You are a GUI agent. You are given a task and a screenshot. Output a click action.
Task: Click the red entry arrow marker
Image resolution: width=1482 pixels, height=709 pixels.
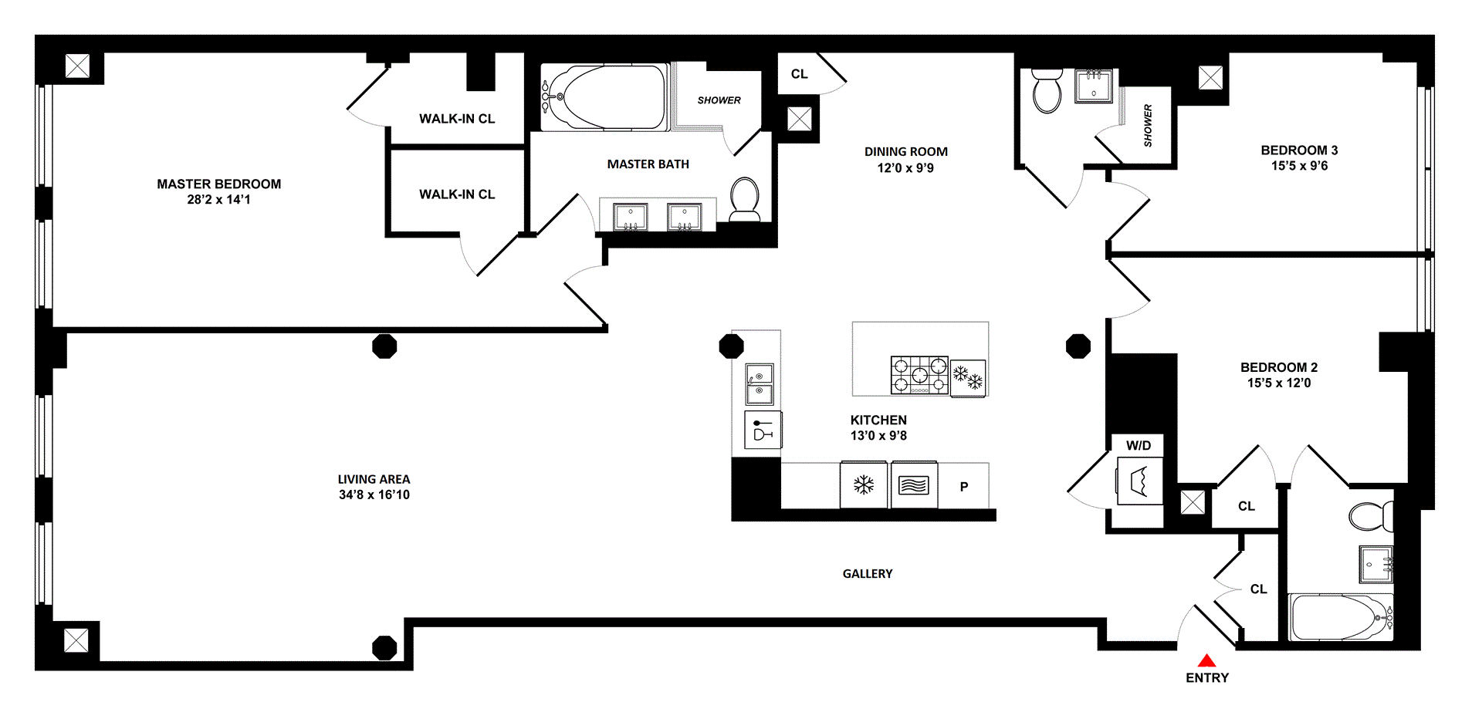click(x=1206, y=660)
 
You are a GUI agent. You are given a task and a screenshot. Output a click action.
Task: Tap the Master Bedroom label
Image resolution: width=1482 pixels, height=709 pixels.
click(x=218, y=184)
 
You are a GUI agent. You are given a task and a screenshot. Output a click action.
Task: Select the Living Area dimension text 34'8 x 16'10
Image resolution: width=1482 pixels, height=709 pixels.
click(x=374, y=495)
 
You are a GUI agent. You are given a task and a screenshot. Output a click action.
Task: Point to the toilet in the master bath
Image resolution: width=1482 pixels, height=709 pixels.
click(x=745, y=198)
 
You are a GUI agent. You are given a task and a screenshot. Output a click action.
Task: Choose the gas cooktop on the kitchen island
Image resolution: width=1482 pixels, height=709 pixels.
click(x=919, y=375)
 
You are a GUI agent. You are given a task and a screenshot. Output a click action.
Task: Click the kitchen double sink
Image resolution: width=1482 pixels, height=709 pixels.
click(x=760, y=384)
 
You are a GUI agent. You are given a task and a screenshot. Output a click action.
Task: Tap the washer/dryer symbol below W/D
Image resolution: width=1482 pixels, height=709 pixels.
click(x=1139, y=481)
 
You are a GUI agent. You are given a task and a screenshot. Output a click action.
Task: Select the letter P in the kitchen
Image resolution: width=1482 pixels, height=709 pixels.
click(x=963, y=487)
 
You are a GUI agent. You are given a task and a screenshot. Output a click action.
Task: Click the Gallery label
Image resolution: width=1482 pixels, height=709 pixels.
click(x=868, y=574)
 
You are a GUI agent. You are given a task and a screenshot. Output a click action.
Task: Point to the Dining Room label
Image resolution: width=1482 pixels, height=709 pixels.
click(x=905, y=152)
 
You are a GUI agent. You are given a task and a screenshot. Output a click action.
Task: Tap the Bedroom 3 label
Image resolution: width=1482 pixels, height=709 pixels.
click(x=1299, y=150)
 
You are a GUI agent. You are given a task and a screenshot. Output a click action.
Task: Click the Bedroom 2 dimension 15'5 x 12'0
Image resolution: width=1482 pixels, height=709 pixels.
click(x=1279, y=383)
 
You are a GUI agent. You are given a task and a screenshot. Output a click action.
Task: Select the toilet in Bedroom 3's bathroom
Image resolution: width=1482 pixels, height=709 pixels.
click(x=1047, y=91)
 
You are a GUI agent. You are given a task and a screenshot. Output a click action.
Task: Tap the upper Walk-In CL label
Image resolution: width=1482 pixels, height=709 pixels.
click(x=457, y=119)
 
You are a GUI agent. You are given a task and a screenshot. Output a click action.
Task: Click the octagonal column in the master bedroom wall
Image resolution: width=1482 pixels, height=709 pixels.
click(x=384, y=346)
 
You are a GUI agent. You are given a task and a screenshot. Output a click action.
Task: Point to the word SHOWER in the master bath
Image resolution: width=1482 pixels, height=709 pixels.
click(x=719, y=100)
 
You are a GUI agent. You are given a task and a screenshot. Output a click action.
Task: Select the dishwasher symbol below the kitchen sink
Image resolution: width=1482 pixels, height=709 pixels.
click(x=763, y=430)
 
